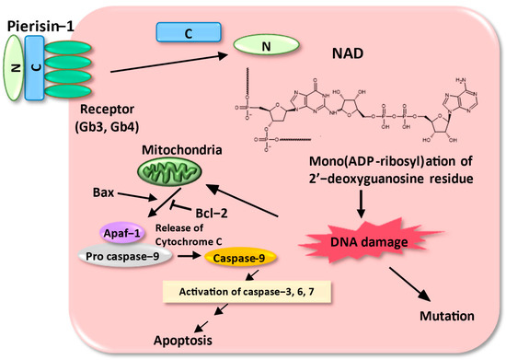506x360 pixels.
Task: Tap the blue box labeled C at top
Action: (187, 33)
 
